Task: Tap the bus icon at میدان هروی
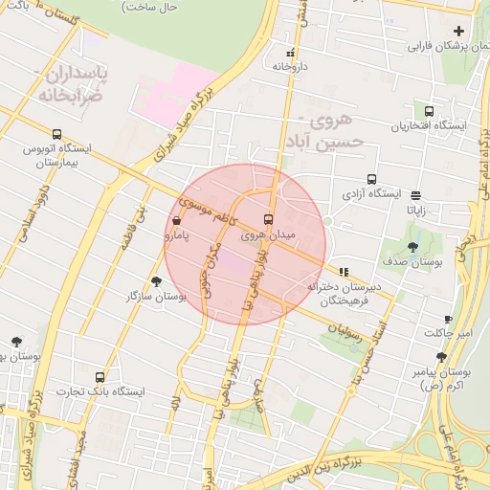pyautogui.click(x=267, y=218)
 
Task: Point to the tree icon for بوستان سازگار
pyautogui.click(x=156, y=280)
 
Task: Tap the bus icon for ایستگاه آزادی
pyautogui.click(x=372, y=178)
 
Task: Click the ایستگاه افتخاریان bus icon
pyautogui.click(x=428, y=111)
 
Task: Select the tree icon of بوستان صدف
pyautogui.click(x=412, y=247)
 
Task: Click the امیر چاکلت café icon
pyautogui.click(x=448, y=319)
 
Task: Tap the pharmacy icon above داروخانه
pyautogui.click(x=290, y=53)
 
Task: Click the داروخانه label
pyautogui.click(x=289, y=68)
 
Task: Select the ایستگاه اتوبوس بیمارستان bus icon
pyautogui.click(x=57, y=135)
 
